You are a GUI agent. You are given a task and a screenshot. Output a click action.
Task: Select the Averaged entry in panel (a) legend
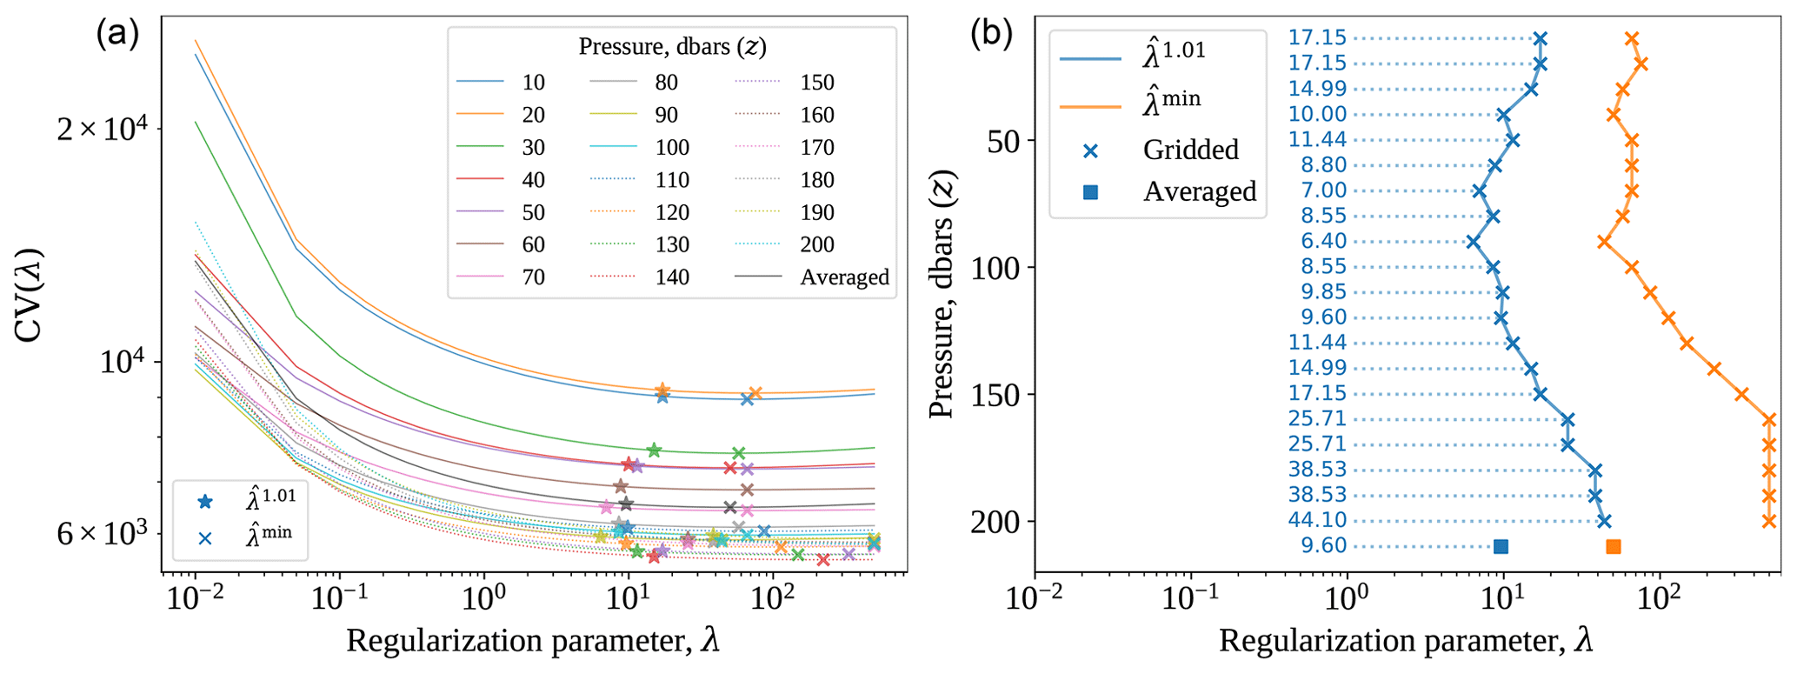pyautogui.click(x=844, y=277)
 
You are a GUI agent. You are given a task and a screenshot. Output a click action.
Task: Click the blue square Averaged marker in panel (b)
pyautogui.click(x=1501, y=547)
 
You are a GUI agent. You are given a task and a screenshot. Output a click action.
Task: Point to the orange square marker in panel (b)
pyautogui.click(x=1614, y=547)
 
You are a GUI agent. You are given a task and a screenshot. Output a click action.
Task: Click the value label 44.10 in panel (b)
pyautogui.click(x=1317, y=521)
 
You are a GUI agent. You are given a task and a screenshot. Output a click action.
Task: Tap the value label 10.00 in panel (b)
pyautogui.click(x=1317, y=114)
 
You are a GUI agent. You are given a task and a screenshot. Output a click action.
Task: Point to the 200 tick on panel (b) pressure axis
pyautogui.click(x=1002, y=522)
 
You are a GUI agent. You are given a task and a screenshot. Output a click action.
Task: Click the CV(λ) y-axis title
pyautogui.click(x=31, y=296)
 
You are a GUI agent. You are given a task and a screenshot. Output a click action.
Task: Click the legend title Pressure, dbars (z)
pyautogui.click(x=672, y=47)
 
